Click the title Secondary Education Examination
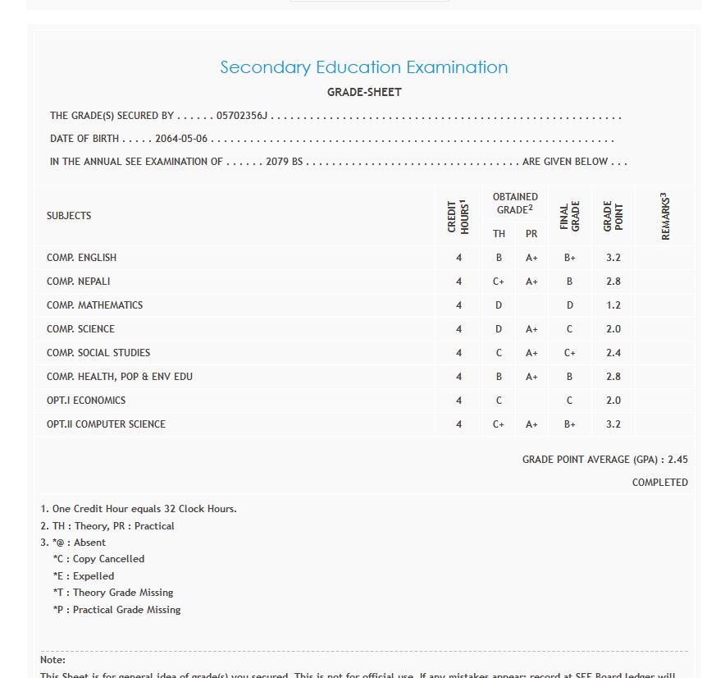363,67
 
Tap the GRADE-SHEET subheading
364,92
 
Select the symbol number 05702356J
242,116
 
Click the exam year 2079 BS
285,162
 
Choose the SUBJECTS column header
69,216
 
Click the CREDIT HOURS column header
458,217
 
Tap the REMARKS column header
665,217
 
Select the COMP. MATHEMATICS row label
94,305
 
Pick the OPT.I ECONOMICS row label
86,401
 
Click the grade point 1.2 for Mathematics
613,305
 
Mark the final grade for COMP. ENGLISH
570,258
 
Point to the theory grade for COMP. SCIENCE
499,329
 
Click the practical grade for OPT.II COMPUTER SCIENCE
531,424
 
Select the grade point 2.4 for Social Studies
613,353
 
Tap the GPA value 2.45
677,460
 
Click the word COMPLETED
659,483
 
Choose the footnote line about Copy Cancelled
98,559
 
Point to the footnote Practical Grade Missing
116,610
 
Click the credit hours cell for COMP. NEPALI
458,282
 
